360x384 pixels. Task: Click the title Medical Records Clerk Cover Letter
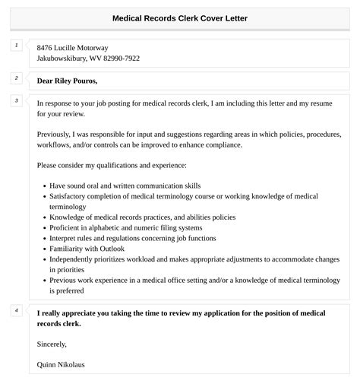pos(180,17)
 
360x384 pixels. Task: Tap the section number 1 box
pos(15,46)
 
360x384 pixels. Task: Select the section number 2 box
pos(15,78)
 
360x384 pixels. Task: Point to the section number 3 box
pos(15,101)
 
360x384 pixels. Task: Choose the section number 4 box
pos(15,310)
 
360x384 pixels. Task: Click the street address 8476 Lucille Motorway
pos(72,48)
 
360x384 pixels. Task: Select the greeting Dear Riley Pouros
pos(68,81)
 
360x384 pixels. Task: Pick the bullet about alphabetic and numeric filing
pos(126,227)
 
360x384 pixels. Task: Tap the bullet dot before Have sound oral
pos(43,186)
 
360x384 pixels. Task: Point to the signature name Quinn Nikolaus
pos(61,365)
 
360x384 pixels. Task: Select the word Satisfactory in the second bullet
pos(71,195)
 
